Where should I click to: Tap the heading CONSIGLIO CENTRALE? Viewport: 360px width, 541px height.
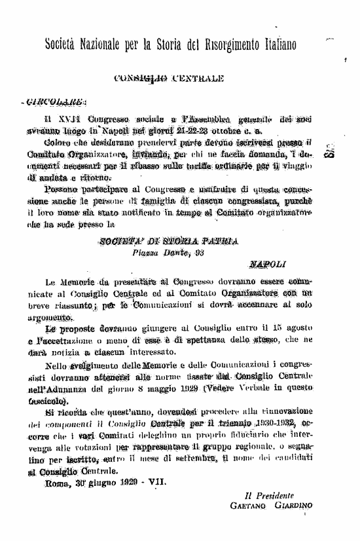(x=169, y=79)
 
